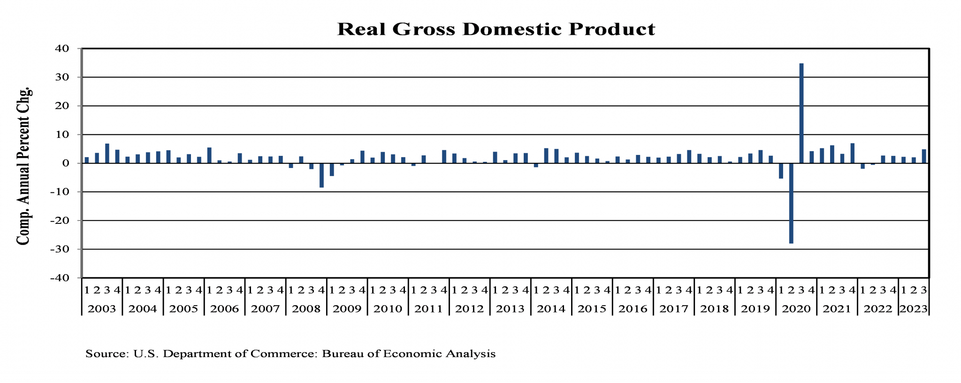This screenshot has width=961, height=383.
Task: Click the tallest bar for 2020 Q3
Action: [x=801, y=113]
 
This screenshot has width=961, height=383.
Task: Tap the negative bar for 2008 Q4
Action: [x=321, y=175]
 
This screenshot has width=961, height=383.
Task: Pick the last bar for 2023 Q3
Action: [x=924, y=156]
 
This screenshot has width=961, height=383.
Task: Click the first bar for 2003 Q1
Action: [x=87, y=160]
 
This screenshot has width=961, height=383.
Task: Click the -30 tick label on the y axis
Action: [x=60, y=249]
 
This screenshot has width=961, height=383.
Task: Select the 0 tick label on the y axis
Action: [x=65, y=163]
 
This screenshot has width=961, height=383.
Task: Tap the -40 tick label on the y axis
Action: [x=60, y=278]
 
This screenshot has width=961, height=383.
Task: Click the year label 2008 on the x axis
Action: [x=306, y=309]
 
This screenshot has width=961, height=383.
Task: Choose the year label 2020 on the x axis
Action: [x=796, y=309]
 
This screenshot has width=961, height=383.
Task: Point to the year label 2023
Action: [x=913, y=309]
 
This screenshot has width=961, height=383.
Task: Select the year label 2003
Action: [x=102, y=309]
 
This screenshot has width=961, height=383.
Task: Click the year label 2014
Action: [x=551, y=309]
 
